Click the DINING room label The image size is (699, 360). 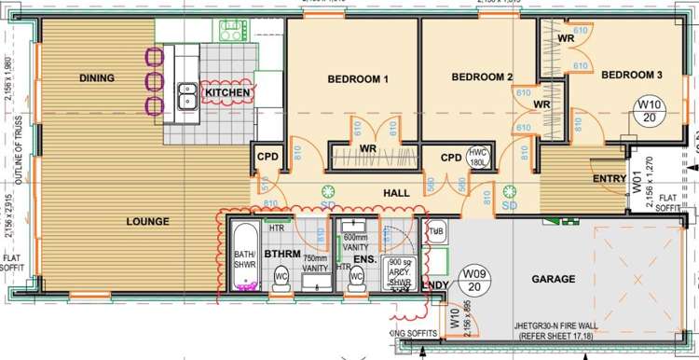pos(97,78)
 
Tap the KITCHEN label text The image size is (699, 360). pos(227,93)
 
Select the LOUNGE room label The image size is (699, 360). pos(149,222)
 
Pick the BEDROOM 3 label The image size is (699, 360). pos(631,75)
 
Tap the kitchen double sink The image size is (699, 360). pos(182,92)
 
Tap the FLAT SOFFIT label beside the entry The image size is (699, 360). pos(666,202)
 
